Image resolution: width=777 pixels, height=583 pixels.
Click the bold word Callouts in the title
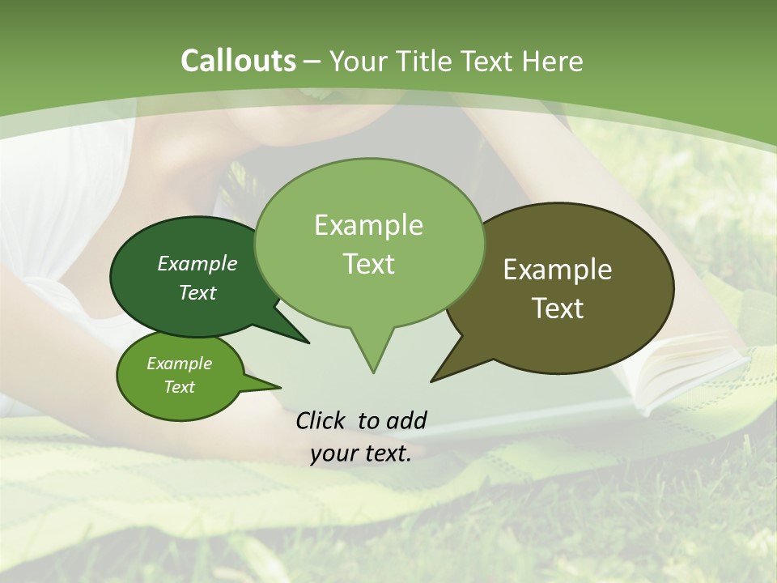click(238, 61)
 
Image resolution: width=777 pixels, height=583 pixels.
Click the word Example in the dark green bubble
click(197, 263)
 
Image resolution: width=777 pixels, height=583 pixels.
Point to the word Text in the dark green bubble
click(197, 292)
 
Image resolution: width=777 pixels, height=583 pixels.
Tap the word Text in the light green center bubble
click(368, 263)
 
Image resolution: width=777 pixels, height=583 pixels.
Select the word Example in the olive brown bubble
click(558, 269)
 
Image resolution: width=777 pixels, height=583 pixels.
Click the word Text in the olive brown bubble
click(558, 308)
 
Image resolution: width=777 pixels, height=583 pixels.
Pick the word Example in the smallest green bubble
click(179, 364)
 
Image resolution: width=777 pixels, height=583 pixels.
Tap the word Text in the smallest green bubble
click(179, 387)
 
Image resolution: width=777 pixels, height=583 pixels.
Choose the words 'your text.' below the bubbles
click(361, 453)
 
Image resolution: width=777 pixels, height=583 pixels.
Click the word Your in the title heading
click(359, 61)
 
